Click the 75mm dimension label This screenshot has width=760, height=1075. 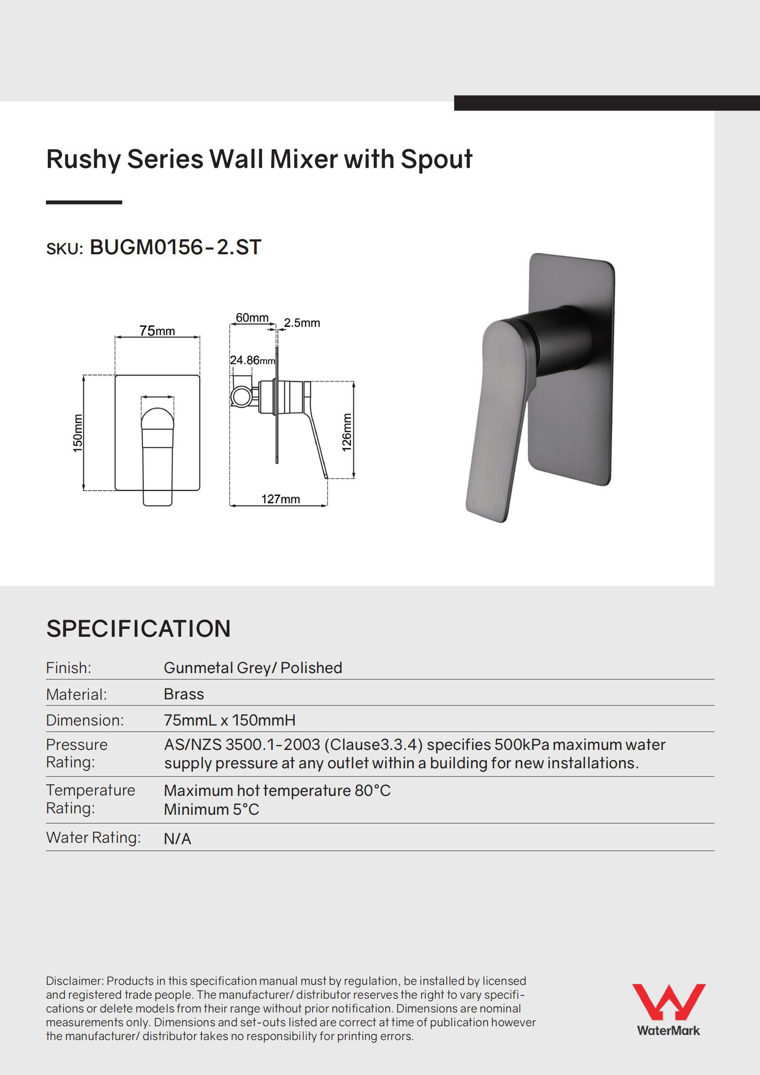tap(157, 331)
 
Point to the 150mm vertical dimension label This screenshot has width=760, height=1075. tap(78, 433)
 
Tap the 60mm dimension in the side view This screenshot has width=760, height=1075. tap(252, 317)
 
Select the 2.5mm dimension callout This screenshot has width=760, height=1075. tap(302, 323)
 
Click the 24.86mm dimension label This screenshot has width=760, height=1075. tap(252, 360)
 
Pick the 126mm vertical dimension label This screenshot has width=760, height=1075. tap(347, 432)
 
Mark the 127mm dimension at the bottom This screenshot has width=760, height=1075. tap(280, 499)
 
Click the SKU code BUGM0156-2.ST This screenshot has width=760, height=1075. tap(175, 247)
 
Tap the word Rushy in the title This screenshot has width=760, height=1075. tap(83, 159)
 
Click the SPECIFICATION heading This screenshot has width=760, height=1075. tap(138, 629)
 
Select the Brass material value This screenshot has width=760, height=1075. tap(183, 694)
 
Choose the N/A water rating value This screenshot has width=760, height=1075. tap(177, 839)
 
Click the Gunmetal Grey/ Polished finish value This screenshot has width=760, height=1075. tap(253, 668)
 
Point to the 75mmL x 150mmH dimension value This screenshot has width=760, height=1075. tap(229, 720)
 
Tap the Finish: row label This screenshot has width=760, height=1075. tap(69, 668)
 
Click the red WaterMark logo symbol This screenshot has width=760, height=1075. tap(668, 1001)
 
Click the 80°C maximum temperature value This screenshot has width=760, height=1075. tap(372, 790)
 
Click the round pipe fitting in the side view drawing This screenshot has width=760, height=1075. tap(242, 396)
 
